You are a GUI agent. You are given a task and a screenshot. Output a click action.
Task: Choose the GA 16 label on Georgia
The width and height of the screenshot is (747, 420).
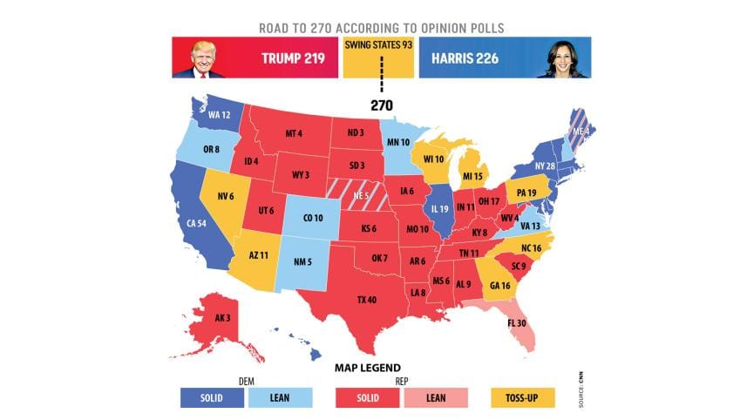coord(500,286)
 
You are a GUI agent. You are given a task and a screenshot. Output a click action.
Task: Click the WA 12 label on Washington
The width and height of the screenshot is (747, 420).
coord(219,115)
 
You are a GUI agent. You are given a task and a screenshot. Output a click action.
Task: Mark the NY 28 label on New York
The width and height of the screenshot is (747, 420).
coord(544,166)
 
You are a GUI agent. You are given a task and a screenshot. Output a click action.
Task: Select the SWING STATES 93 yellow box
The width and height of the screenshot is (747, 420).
coord(378,58)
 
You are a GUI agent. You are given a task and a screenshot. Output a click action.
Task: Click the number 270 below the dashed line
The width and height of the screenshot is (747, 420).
coord(379,105)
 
